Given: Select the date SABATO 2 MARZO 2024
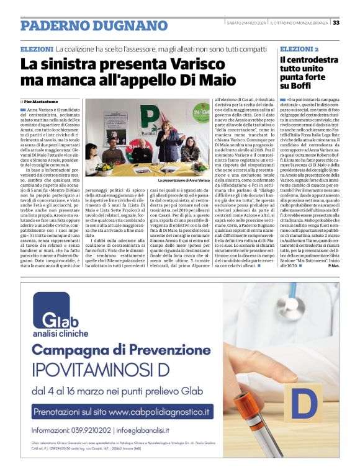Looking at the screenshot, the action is pyautogui.click(x=246, y=23).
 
